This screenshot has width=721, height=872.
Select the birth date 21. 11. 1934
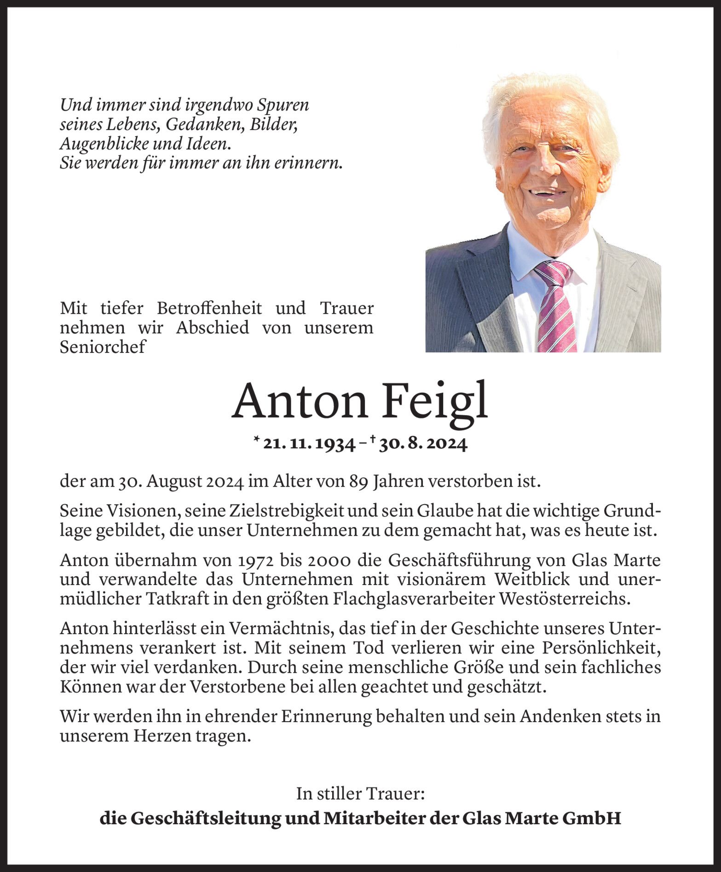click(x=309, y=444)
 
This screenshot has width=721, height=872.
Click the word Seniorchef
click(x=103, y=347)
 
